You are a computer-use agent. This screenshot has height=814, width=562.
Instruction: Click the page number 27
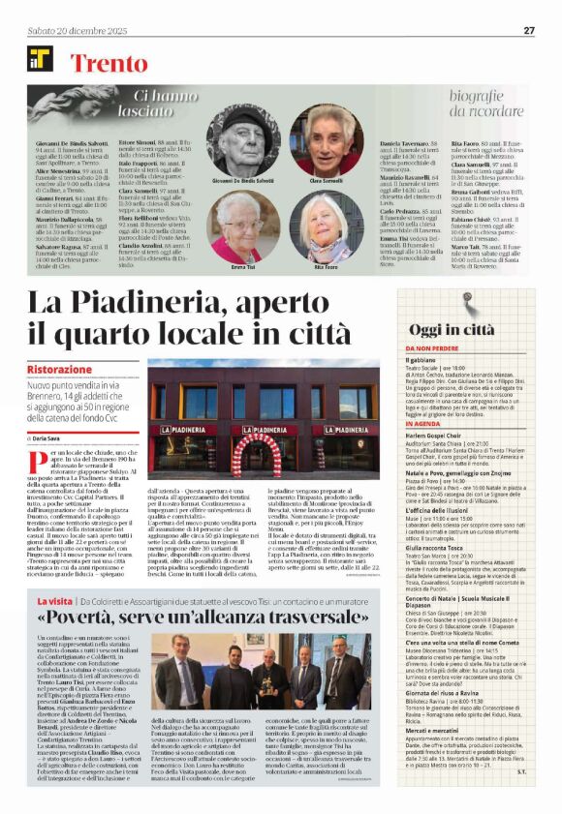(529, 30)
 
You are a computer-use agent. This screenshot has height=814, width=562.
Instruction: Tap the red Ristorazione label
(59, 370)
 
